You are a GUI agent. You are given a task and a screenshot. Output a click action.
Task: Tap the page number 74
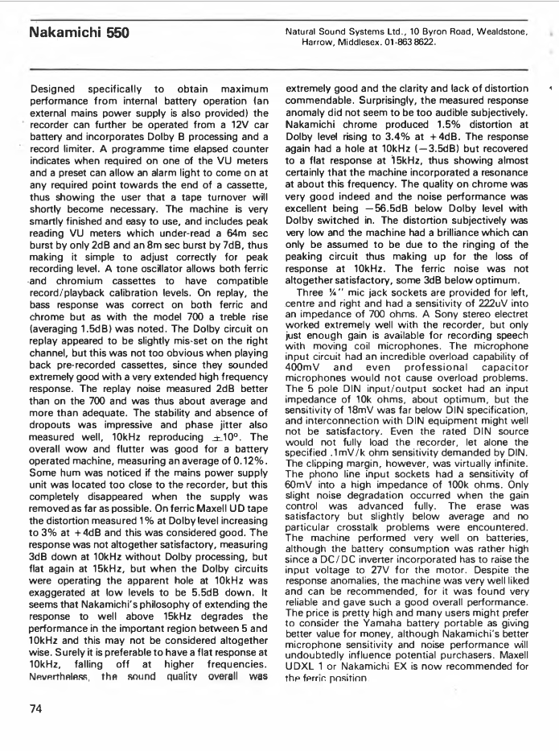(36, 709)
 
